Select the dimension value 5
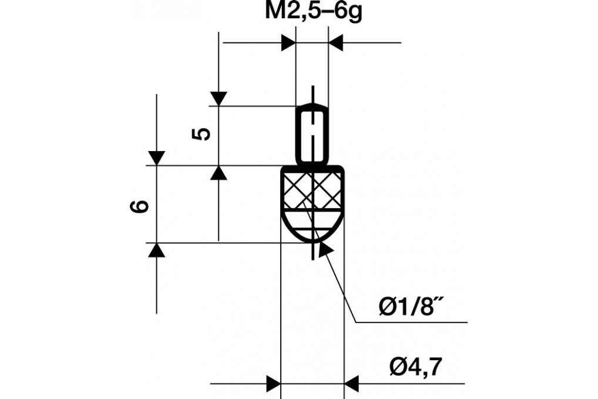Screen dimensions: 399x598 point(201,134)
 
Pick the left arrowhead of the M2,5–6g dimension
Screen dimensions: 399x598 point(288,43)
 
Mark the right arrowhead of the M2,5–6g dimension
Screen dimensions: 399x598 point(335,43)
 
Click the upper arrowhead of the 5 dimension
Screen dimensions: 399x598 point(219,99)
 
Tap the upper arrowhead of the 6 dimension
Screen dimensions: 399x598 point(156,157)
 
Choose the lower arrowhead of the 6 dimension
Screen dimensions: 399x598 point(156,250)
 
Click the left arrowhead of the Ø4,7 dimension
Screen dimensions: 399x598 point(274,384)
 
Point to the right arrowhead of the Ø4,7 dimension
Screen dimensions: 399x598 point(351,384)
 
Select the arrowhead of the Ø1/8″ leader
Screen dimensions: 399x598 point(324,249)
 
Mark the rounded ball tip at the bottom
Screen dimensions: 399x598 point(313,229)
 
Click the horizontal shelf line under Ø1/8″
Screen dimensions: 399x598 point(411,323)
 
